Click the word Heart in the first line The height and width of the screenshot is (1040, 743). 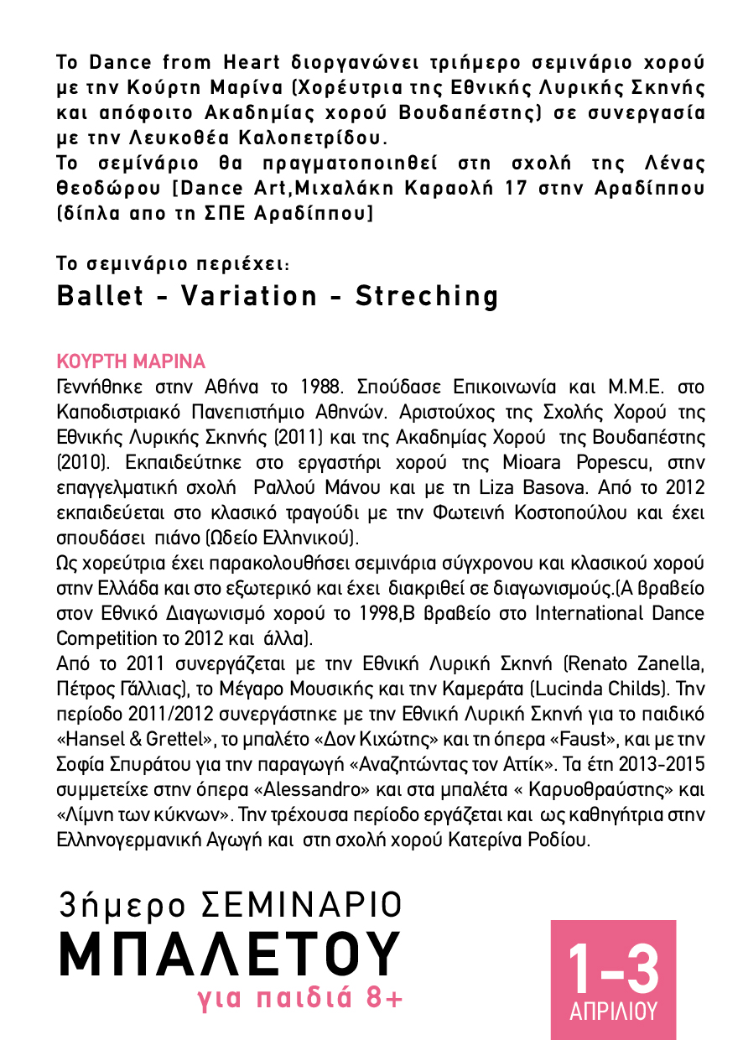click(252, 62)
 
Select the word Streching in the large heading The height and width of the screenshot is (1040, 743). click(428, 296)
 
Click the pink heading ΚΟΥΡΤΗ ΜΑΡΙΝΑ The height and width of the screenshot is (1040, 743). click(130, 362)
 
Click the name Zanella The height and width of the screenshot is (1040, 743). click(663, 664)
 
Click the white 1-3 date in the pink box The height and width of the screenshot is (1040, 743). click(613, 969)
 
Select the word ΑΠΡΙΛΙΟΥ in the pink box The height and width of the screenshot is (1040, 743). click(613, 1011)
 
